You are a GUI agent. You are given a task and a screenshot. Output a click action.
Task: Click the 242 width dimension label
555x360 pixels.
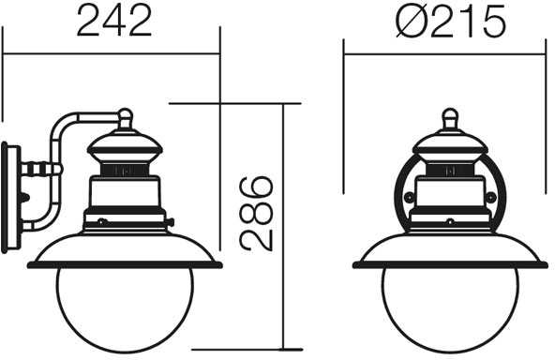click(114, 21)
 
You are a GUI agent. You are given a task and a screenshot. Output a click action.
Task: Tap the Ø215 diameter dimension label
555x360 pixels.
click(451, 22)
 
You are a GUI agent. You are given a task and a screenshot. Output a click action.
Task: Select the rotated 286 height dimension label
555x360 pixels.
click(256, 214)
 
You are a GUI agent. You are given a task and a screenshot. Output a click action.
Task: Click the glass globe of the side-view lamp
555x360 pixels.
click(125, 307)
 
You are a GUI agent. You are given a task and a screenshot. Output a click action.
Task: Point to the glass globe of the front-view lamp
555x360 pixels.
click(450, 307)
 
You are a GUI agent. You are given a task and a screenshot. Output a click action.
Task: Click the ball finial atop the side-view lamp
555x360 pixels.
click(125, 114)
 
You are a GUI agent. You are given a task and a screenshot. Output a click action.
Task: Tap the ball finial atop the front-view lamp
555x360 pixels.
click(450, 114)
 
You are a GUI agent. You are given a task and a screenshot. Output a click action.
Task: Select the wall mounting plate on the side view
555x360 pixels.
click(10, 198)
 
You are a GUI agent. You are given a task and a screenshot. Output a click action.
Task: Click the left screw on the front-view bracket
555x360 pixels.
click(409, 197)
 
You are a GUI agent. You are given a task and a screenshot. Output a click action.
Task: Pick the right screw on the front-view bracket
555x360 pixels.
click(491, 197)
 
